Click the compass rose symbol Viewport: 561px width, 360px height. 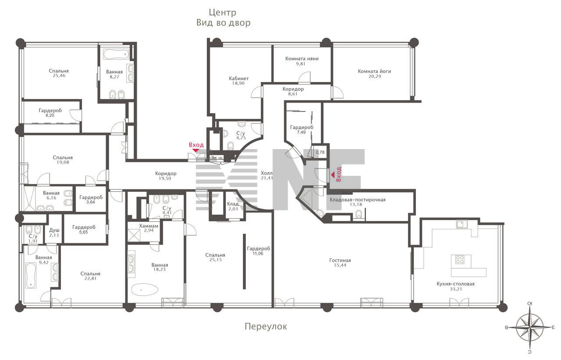[530, 328]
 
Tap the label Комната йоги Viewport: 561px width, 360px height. [374, 71]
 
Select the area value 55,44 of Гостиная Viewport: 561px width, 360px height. [340, 265]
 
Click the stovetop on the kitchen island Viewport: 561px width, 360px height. [460, 260]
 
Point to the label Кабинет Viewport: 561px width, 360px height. [239, 78]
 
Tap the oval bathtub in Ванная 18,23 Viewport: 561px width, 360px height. [145, 290]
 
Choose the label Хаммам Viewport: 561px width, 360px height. [149, 226]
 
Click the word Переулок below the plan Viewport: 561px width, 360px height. [266, 326]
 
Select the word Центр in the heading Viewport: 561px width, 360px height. [223, 12]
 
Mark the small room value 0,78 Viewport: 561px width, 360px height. [320, 152]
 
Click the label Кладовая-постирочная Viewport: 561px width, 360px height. [357, 200]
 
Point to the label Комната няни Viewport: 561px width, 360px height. [302, 59]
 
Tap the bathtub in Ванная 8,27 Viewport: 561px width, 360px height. [116, 54]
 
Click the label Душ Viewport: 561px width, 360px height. [54, 230]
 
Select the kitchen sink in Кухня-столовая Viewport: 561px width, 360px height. [460, 224]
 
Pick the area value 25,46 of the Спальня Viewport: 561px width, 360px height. [59, 76]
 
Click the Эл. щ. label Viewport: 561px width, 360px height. [217, 158]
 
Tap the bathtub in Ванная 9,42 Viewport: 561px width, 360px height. [31, 275]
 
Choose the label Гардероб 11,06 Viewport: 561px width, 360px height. [259, 249]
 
